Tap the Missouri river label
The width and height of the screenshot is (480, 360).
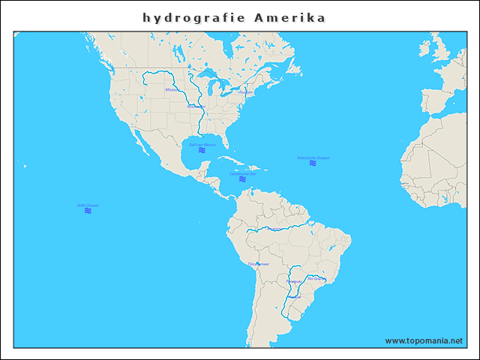coord(172,90)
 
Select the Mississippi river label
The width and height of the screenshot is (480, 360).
coord(196,106)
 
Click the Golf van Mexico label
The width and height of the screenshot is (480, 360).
coord(202,145)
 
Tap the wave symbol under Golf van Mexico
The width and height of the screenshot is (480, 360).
coord(202,151)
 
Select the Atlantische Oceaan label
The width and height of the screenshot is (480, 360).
coord(313,157)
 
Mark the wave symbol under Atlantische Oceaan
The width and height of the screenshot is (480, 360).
coord(313,163)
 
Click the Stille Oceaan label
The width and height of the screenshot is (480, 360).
coord(88,205)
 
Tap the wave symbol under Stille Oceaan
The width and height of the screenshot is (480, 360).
coord(88,211)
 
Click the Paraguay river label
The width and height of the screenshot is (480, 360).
coord(294,281)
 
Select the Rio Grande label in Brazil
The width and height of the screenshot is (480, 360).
coord(316,278)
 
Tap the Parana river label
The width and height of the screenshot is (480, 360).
coord(294,297)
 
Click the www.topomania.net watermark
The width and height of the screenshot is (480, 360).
coord(424,340)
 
